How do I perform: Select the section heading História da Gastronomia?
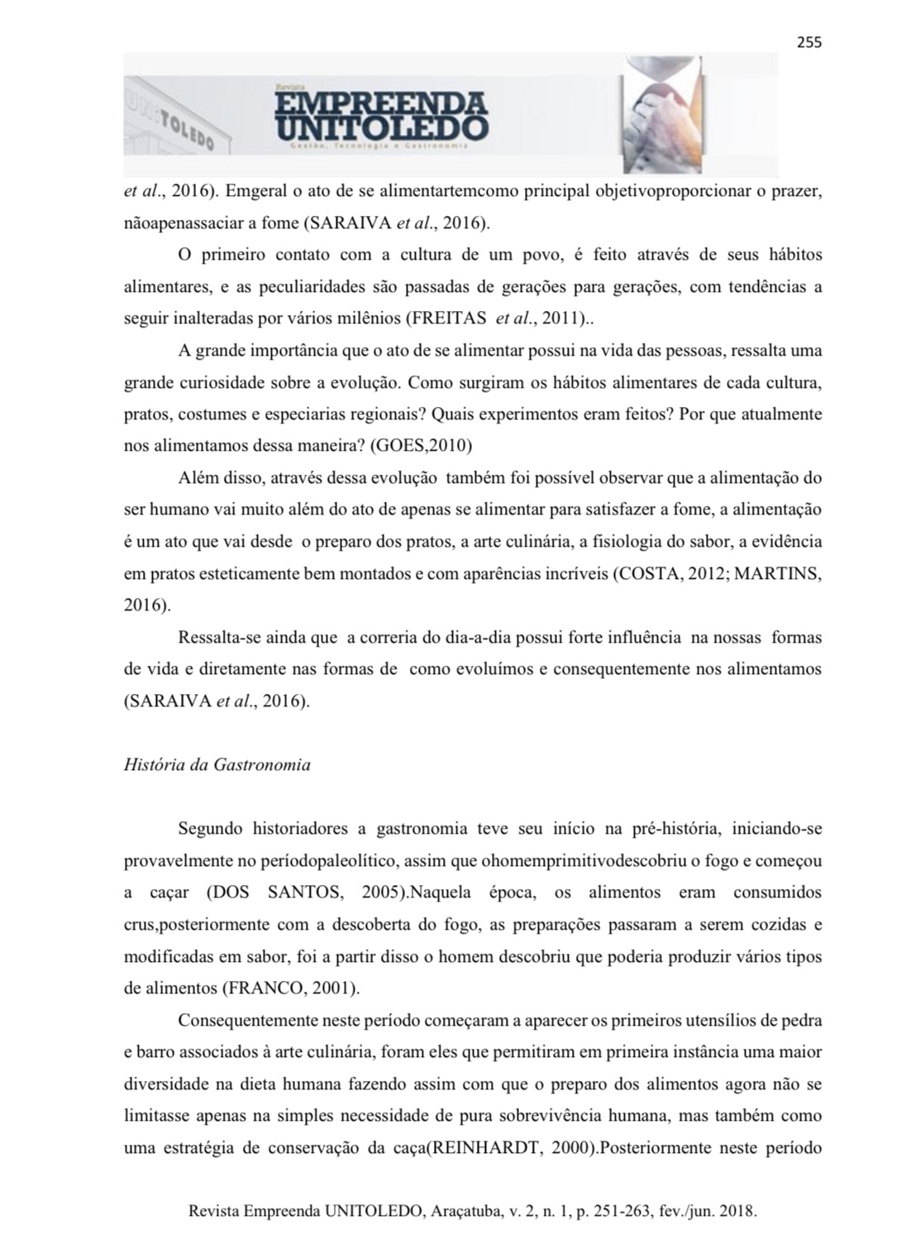tap(217, 765)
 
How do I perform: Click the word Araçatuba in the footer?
tap(464, 1212)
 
